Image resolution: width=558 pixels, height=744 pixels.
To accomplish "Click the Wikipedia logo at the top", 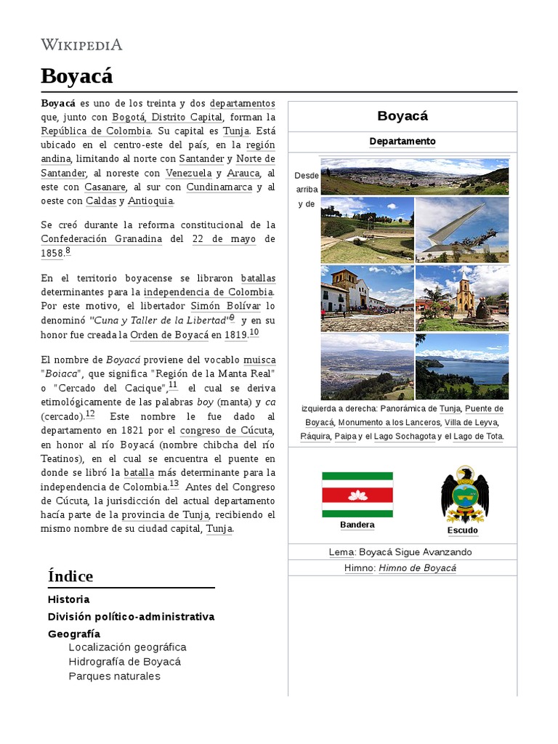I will click(x=81, y=45).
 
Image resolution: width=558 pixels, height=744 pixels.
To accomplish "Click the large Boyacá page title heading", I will click(x=77, y=76).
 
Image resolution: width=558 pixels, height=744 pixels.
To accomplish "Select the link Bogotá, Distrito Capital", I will click(x=177, y=117).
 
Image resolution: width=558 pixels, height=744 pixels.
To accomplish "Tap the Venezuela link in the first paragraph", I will click(x=188, y=173).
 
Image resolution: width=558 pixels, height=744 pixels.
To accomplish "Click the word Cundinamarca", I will click(x=219, y=187).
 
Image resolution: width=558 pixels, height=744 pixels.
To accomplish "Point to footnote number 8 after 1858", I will click(x=68, y=251).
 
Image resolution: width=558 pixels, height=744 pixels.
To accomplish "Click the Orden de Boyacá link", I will click(x=169, y=334).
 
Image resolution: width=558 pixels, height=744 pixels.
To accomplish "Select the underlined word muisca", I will click(x=259, y=360).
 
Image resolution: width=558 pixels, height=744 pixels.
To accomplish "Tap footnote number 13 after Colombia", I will click(x=174, y=484).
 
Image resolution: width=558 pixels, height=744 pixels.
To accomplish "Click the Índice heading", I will click(x=70, y=576).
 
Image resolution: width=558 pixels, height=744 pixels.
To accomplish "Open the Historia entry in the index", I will click(x=69, y=599).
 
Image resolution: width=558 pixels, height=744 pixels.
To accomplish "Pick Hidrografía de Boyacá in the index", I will click(x=124, y=661).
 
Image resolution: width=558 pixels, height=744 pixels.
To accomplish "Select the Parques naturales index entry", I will click(x=114, y=676).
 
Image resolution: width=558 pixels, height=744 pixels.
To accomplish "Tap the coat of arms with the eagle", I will click(x=464, y=495).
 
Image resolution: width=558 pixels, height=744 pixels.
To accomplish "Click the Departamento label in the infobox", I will click(x=402, y=141).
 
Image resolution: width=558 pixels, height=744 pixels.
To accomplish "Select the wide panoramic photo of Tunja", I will click(x=414, y=177).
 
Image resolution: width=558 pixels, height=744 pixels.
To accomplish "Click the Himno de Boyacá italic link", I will click(x=417, y=567).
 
